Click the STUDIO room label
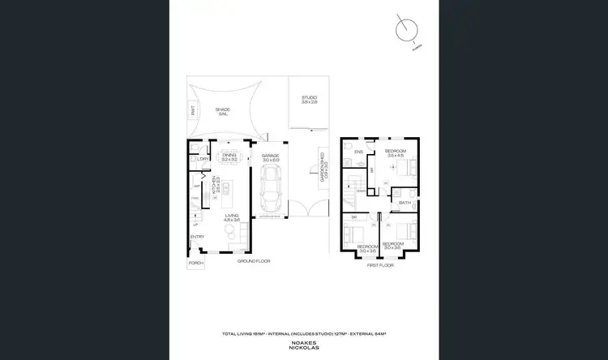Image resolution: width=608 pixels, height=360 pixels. click(309, 99)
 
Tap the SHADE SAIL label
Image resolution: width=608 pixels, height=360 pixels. click(222, 111)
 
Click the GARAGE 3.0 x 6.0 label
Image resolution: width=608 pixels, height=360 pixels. click(270, 158)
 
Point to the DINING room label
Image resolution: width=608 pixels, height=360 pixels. click(229, 156)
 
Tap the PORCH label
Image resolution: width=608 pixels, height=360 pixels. click(195, 264)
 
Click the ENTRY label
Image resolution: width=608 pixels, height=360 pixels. click(197, 237)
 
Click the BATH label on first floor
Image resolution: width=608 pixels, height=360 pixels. click(403, 203)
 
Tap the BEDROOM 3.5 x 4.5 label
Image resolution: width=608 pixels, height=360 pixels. click(396, 152)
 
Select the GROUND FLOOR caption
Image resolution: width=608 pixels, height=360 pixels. click(253, 262)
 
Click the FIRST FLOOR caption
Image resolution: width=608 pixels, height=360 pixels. click(379, 265)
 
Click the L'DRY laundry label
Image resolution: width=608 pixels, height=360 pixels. click(203, 159)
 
